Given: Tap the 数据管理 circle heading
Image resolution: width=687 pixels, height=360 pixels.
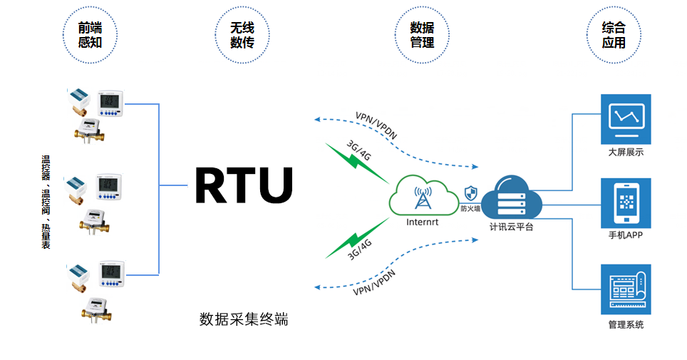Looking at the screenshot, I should coord(422,35).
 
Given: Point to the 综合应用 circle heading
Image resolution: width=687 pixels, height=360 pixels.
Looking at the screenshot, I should coord(613,35).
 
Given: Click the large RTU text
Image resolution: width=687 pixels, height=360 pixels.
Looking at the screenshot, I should coord(244,185).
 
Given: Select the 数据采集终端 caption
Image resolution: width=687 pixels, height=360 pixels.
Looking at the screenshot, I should coord(244,319).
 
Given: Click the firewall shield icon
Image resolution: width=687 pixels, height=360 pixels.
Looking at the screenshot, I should coord(470,192).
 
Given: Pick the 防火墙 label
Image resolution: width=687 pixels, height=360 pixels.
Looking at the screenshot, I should coord(470,209).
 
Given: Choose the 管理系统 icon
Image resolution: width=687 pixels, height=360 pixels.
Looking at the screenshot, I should coord(626,289).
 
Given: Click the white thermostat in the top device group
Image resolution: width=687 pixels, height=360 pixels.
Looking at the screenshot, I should coord(110,103).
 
